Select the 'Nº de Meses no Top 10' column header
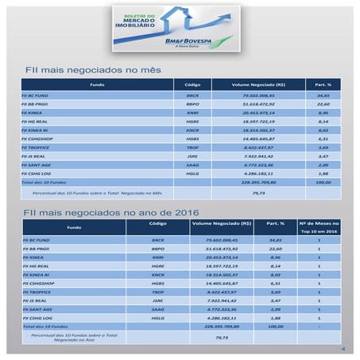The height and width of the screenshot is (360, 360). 319,226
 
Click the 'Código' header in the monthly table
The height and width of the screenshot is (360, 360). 192,84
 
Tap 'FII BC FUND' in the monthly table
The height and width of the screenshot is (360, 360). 37,95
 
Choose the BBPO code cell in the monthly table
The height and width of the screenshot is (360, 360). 192,104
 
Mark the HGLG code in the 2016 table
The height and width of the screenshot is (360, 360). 157,316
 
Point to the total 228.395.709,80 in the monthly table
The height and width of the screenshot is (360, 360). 258,182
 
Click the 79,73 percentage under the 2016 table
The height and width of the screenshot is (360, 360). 222,338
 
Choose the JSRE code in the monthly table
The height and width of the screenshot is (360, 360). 192,156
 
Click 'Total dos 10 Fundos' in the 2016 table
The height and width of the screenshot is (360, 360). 40,326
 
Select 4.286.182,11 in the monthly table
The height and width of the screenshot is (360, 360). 258,173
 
